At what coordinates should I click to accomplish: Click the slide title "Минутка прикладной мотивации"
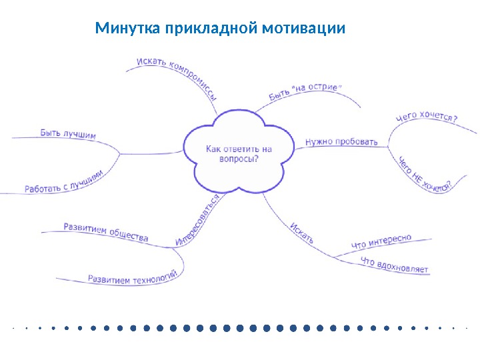click(x=220, y=29)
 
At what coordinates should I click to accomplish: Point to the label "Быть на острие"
click(x=305, y=93)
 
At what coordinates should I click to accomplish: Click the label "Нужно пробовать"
click(x=341, y=141)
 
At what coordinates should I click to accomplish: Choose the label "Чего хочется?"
click(x=427, y=118)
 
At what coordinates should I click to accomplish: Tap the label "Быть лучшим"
click(x=68, y=133)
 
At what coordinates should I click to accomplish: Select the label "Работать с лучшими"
click(x=64, y=182)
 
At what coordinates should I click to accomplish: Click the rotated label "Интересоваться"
click(x=198, y=221)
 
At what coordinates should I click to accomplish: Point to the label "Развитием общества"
click(x=105, y=232)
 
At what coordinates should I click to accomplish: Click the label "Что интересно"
click(x=381, y=243)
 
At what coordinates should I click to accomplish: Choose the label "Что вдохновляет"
click(x=394, y=265)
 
